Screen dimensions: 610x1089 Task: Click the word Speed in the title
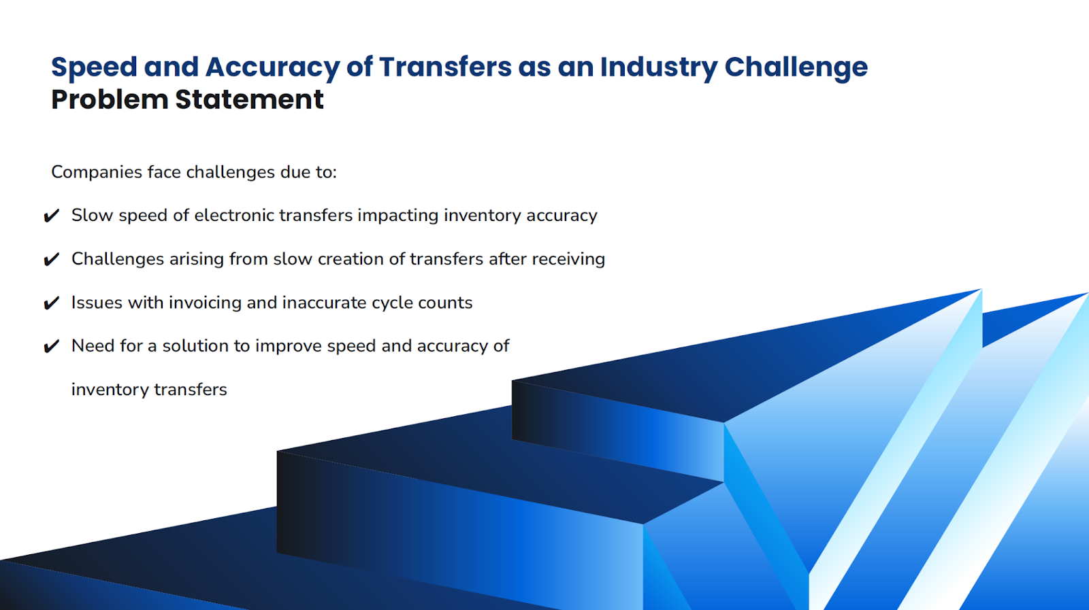[95, 67]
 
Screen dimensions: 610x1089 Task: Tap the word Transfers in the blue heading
[445, 67]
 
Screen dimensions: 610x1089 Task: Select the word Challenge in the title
[796, 67]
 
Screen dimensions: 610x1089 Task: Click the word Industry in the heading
[658, 67]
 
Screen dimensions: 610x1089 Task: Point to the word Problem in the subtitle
[110, 100]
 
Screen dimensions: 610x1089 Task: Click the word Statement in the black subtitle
[249, 100]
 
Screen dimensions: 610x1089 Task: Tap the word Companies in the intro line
[97, 172]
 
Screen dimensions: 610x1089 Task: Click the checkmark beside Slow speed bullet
[51, 216]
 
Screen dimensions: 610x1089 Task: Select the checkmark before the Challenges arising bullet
[51, 260]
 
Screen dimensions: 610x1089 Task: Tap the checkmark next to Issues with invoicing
[51, 303]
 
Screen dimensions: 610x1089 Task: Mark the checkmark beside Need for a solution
[51, 347]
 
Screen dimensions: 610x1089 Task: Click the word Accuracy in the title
[272, 67]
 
